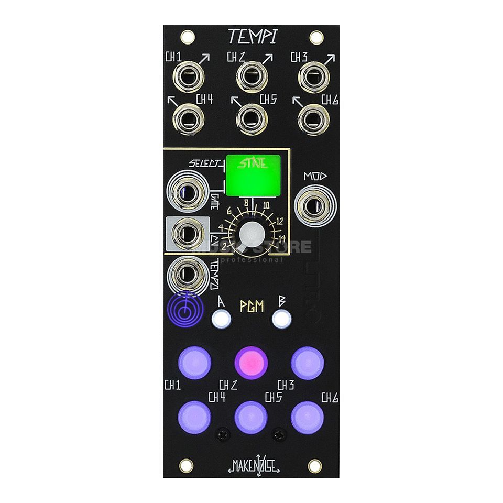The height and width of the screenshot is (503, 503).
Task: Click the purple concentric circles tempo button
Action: (184, 314)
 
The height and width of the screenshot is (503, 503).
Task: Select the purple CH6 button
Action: (307, 417)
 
